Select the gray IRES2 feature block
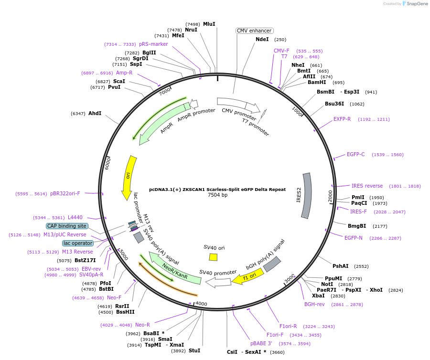307,196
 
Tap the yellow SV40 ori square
214,257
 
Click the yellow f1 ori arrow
248,276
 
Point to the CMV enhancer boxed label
254,31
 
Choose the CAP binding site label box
67,226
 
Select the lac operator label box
78,244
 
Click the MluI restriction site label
209,24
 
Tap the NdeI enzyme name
262,40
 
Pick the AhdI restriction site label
95,114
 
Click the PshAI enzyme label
341,266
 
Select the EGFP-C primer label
355,155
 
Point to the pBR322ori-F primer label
65,194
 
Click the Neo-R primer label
142,325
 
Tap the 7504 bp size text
217,195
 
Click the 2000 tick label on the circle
330,196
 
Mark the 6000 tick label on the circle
107,163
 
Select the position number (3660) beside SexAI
277,352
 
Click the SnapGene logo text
417,3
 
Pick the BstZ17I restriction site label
86,260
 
